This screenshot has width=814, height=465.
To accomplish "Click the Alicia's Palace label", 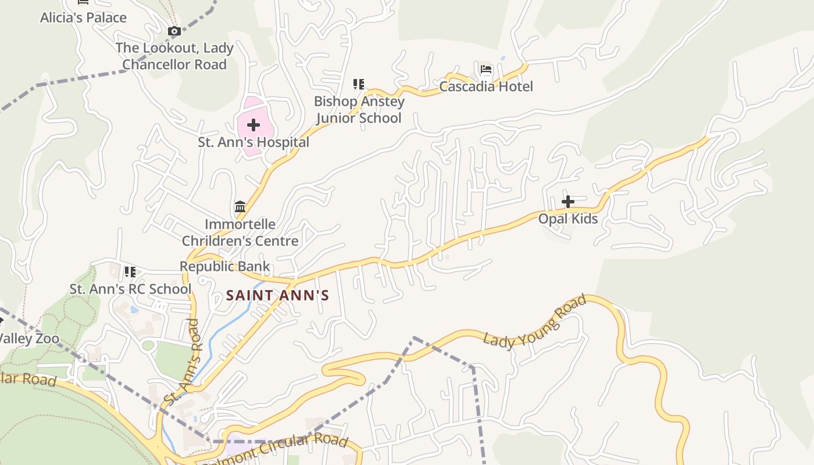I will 83,17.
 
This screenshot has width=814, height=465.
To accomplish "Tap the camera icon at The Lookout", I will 174,31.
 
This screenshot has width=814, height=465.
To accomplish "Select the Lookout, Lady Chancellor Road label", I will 174,56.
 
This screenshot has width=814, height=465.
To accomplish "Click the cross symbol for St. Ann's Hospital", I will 254,125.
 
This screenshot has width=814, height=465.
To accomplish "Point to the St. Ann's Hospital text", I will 254,142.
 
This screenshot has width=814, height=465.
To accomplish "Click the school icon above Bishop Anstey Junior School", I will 359,85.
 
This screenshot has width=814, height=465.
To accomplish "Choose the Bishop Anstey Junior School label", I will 359,110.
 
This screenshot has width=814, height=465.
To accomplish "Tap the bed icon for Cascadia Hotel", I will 486,70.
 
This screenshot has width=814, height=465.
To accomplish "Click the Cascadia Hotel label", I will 486,87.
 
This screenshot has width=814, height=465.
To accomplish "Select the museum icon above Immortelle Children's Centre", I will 240,206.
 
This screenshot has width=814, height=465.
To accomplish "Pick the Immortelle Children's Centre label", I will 240,233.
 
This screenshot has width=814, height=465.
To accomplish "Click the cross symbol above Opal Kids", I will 568,202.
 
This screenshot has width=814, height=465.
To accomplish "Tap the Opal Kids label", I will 568,219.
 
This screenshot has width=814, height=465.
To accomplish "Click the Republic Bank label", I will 224,267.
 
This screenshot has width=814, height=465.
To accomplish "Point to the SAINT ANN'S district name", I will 277,295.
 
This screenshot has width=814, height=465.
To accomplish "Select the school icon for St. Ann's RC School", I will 130,272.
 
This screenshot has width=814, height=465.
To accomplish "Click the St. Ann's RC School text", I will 130,289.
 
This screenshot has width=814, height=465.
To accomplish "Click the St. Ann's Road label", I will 183,362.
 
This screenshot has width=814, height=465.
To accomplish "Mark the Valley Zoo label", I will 29,338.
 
